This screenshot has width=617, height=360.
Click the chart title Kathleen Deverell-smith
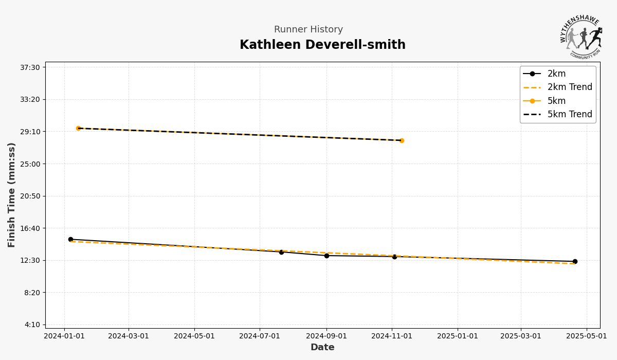coord(322,45)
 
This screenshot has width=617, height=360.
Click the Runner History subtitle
coord(308,30)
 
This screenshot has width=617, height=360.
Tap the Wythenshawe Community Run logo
coord(581,37)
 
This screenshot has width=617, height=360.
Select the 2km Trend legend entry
coord(569,87)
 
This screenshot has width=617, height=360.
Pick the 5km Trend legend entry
coord(569,114)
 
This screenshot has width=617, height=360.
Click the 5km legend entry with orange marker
coord(556,101)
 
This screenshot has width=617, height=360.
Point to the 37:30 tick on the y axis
coord(29,67)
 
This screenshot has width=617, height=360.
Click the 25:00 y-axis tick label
coord(29,164)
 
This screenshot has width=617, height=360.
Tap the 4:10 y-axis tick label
coord(31,325)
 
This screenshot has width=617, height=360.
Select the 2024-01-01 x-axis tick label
coord(64,336)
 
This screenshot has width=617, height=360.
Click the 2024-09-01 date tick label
coord(326,336)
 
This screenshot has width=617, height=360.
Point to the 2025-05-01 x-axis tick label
coord(586,336)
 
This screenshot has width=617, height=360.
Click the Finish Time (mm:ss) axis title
coord(12,195)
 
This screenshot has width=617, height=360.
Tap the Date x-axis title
coord(322,348)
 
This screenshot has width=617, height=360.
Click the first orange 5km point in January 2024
coord(79,128)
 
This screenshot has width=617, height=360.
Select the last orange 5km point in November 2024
coord(402,140)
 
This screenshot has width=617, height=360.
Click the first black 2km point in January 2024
coord(70,239)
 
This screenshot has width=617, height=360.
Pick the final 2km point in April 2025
coord(575,261)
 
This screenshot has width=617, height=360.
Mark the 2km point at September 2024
coord(326,256)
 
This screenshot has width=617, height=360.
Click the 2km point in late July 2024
coord(281,252)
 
